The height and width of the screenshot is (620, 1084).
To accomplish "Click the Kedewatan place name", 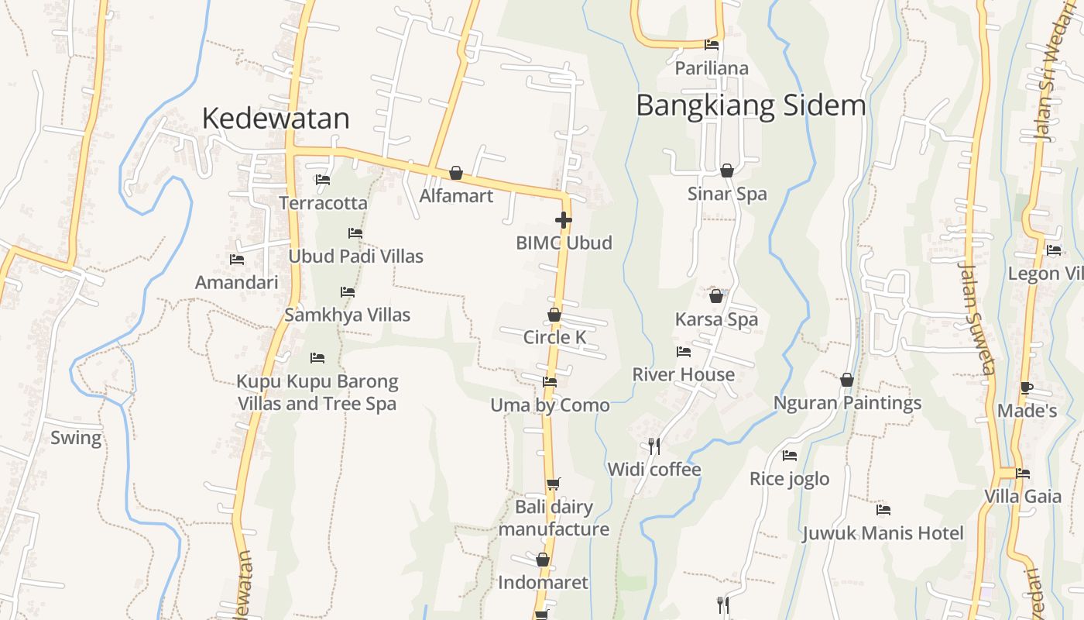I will click(276, 119).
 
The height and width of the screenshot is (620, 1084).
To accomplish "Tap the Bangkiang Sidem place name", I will click(750, 105).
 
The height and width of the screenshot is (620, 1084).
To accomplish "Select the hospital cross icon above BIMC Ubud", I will click(564, 220).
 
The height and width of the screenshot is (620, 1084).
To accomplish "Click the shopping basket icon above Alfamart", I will click(456, 173).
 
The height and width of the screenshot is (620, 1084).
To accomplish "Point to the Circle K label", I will click(554, 337).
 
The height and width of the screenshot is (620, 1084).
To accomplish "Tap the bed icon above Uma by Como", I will click(550, 381).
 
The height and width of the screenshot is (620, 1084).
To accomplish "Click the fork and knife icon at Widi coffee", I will click(654, 446).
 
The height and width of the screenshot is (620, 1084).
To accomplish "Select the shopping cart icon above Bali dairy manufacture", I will click(553, 484).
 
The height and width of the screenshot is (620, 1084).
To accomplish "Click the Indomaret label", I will click(543, 582).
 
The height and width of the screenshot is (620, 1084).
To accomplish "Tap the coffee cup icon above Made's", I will click(1027, 387).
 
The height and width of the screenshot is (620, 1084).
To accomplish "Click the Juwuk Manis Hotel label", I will click(883, 533).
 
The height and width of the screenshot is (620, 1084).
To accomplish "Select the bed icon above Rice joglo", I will click(790, 456).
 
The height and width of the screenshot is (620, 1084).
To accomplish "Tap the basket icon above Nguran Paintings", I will click(847, 380).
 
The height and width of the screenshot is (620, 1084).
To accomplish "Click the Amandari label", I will click(236, 282).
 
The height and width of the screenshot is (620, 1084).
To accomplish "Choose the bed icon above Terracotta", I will click(323, 180).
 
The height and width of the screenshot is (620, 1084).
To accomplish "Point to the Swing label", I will click(76, 438).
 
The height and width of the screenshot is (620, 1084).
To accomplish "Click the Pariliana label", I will click(712, 68).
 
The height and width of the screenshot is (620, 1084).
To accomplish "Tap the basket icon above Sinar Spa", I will click(727, 170).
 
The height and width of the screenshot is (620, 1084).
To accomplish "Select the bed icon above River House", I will click(684, 352).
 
